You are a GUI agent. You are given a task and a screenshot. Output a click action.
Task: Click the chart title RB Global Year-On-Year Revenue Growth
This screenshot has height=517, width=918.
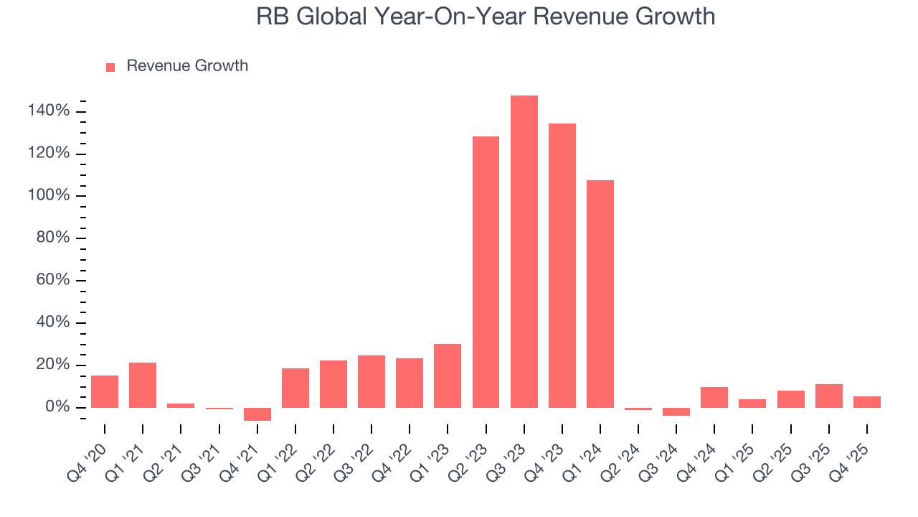486,17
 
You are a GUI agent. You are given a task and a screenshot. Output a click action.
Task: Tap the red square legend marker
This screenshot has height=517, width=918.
110,67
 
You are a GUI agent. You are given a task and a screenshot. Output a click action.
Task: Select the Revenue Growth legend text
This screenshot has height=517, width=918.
187,66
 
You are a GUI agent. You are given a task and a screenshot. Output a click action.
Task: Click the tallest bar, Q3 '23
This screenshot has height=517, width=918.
524,251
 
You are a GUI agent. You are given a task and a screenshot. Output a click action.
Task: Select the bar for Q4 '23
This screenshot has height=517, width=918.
562,266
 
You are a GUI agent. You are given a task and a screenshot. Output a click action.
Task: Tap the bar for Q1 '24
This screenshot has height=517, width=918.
600,294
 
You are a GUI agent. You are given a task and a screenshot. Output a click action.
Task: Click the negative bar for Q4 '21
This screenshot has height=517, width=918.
257,414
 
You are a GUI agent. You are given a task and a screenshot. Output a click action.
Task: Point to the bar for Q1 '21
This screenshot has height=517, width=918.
143,385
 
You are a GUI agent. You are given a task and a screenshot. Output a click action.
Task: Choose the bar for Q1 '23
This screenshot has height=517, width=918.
448,376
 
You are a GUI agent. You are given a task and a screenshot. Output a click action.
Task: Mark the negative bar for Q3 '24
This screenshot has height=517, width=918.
676,412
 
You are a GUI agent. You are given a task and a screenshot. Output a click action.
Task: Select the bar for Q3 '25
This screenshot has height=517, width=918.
828,396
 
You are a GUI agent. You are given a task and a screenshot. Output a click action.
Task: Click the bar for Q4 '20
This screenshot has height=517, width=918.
105,391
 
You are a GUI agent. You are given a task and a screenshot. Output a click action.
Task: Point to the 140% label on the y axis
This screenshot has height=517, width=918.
49,111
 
